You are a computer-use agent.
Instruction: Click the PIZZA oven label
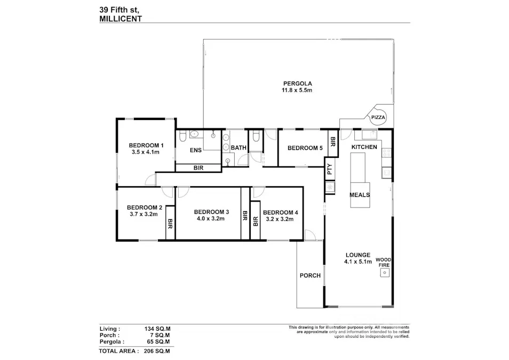[x=378, y=117]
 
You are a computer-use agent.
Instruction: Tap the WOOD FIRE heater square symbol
[x=384, y=273]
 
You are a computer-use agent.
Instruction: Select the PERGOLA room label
[x=297, y=83]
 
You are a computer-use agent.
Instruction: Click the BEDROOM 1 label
[x=146, y=146]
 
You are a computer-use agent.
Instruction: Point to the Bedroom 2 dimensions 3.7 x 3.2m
[x=144, y=214]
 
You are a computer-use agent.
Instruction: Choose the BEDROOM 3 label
[x=211, y=211]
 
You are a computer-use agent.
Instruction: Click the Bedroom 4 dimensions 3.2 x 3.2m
[x=280, y=219]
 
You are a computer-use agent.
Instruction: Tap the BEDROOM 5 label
[x=305, y=149]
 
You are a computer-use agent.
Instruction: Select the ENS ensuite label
[x=196, y=150]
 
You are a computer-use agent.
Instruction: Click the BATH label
[x=238, y=148]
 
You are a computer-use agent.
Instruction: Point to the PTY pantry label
[x=330, y=170]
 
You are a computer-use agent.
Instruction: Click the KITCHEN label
[x=364, y=147]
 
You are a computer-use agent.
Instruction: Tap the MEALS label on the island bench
[x=360, y=195]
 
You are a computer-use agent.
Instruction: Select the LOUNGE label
[x=357, y=255]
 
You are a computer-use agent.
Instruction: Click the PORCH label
[x=310, y=276]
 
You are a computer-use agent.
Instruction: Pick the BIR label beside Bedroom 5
[x=332, y=141]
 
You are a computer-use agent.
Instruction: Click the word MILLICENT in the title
[x=121, y=18]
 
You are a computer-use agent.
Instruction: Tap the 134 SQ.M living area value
[x=157, y=329]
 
